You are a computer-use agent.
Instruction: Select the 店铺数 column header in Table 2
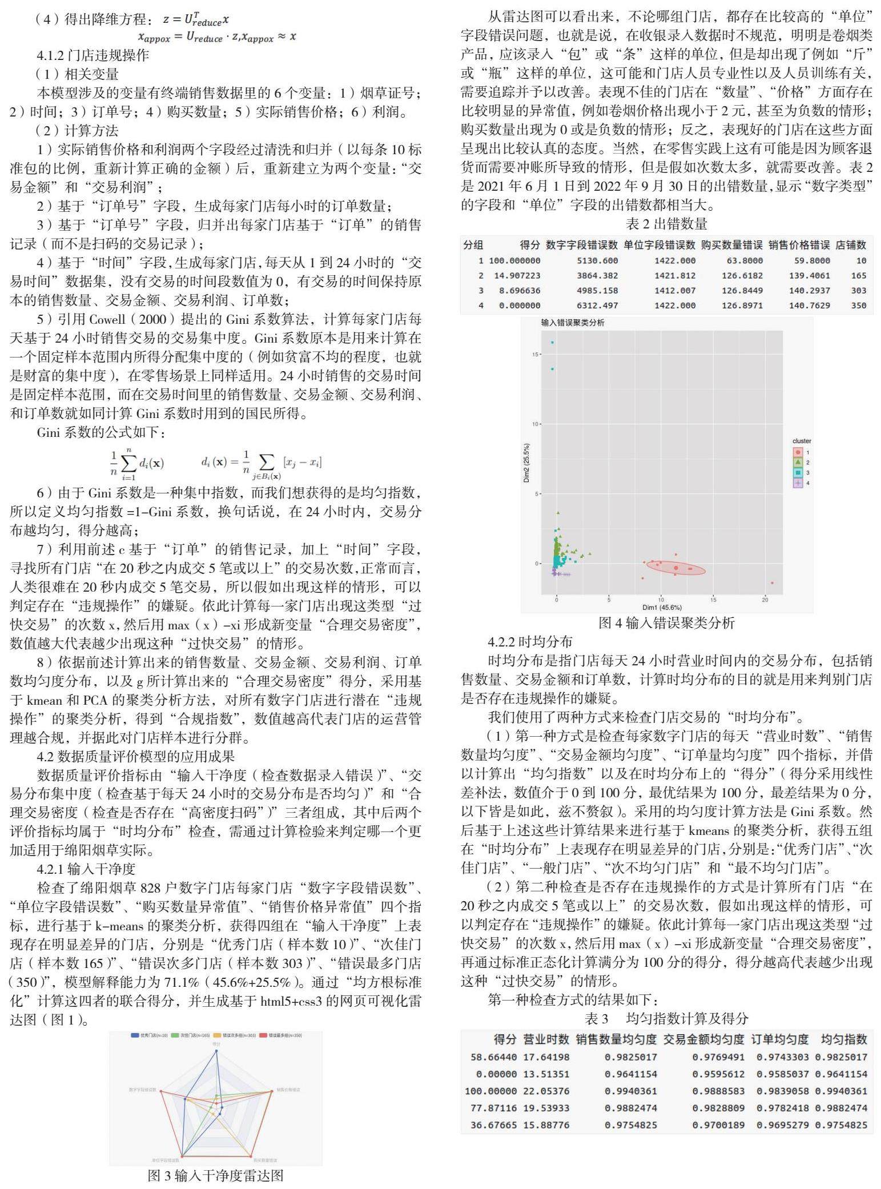click(851, 245)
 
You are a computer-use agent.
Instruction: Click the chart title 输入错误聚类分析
click(572, 323)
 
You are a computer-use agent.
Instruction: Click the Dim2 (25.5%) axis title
click(526, 463)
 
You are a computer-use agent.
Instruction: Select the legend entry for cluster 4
click(799, 483)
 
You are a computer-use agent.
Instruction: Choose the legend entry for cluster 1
click(799, 452)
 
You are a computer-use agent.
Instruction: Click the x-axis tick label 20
click(765, 599)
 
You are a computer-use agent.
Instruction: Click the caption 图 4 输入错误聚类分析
click(666, 622)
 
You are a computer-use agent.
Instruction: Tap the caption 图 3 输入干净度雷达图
click(215, 1175)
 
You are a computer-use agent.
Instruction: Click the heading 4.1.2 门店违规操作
click(92, 55)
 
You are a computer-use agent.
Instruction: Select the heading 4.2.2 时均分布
click(530, 641)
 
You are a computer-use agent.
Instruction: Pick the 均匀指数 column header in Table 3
click(843, 1039)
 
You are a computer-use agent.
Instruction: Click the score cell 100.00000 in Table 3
click(490, 1091)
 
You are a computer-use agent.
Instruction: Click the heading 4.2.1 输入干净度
click(86, 869)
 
